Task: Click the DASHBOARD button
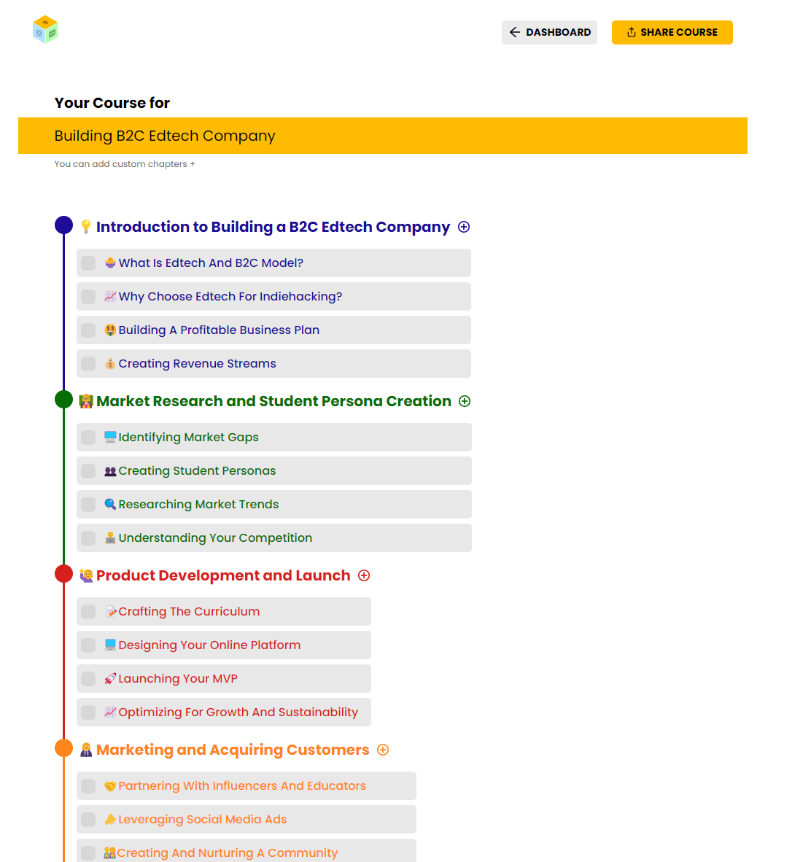point(549,32)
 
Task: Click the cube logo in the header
point(45,30)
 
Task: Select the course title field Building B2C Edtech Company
point(383,136)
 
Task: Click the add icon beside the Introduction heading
point(464,227)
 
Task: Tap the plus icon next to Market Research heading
point(465,401)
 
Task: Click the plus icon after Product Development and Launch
point(364,575)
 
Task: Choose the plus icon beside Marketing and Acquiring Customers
point(383,750)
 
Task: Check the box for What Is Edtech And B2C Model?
point(88,263)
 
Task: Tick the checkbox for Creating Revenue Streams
point(88,364)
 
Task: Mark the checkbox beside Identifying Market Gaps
point(88,438)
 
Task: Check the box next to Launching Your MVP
point(88,679)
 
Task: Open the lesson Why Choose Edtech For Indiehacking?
point(230,297)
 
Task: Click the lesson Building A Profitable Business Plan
point(219,330)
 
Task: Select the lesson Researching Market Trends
point(198,505)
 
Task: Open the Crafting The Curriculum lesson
point(189,612)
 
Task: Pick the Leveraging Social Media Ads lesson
point(202,820)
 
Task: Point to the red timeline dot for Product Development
point(64,574)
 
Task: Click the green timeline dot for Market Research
point(64,400)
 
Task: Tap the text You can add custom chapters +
point(125,164)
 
